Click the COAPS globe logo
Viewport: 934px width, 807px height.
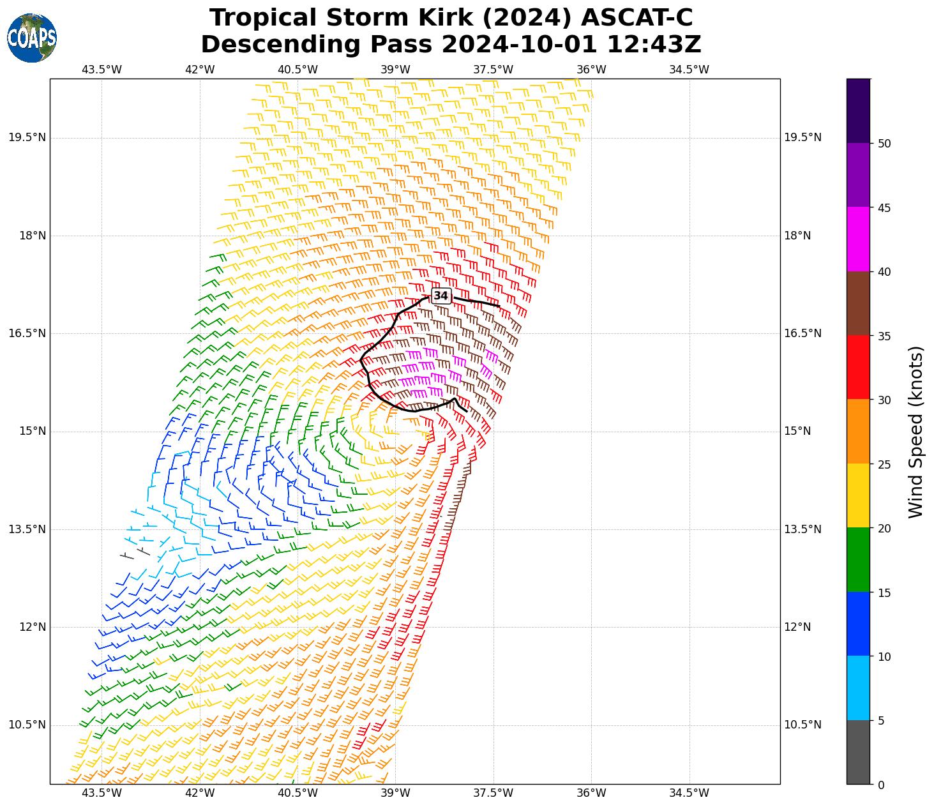point(32,38)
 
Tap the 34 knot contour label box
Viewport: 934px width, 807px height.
point(441,296)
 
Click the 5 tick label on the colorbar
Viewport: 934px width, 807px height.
point(882,721)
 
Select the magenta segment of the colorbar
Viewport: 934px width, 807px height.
point(858,239)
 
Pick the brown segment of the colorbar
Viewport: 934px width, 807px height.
point(858,303)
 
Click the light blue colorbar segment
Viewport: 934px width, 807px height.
point(858,688)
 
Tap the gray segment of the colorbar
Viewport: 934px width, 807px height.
point(858,752)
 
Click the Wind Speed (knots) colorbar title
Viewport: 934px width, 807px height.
point(915,432)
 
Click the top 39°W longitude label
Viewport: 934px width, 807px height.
point(396,70)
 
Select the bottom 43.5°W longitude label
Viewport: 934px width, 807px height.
point(102,793)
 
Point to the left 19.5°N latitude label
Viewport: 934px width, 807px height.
point(27,137)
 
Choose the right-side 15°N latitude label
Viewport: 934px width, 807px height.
point(797,431)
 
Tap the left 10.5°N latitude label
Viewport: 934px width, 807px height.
point(27,725)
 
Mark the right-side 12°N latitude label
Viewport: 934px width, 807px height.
point(797,627)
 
